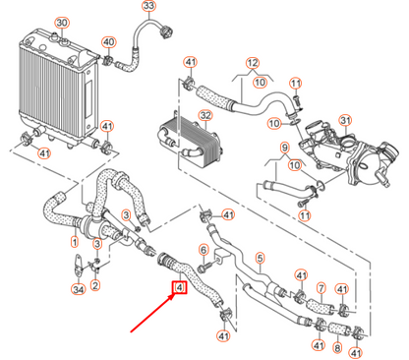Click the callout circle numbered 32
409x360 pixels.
(x=204, y=116)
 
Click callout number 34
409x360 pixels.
(x=78, y=289)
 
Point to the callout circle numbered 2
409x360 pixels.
(x=95, y=286)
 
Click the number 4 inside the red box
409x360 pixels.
(x=180, y=288)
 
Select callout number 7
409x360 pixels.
(x=321, y=289)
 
